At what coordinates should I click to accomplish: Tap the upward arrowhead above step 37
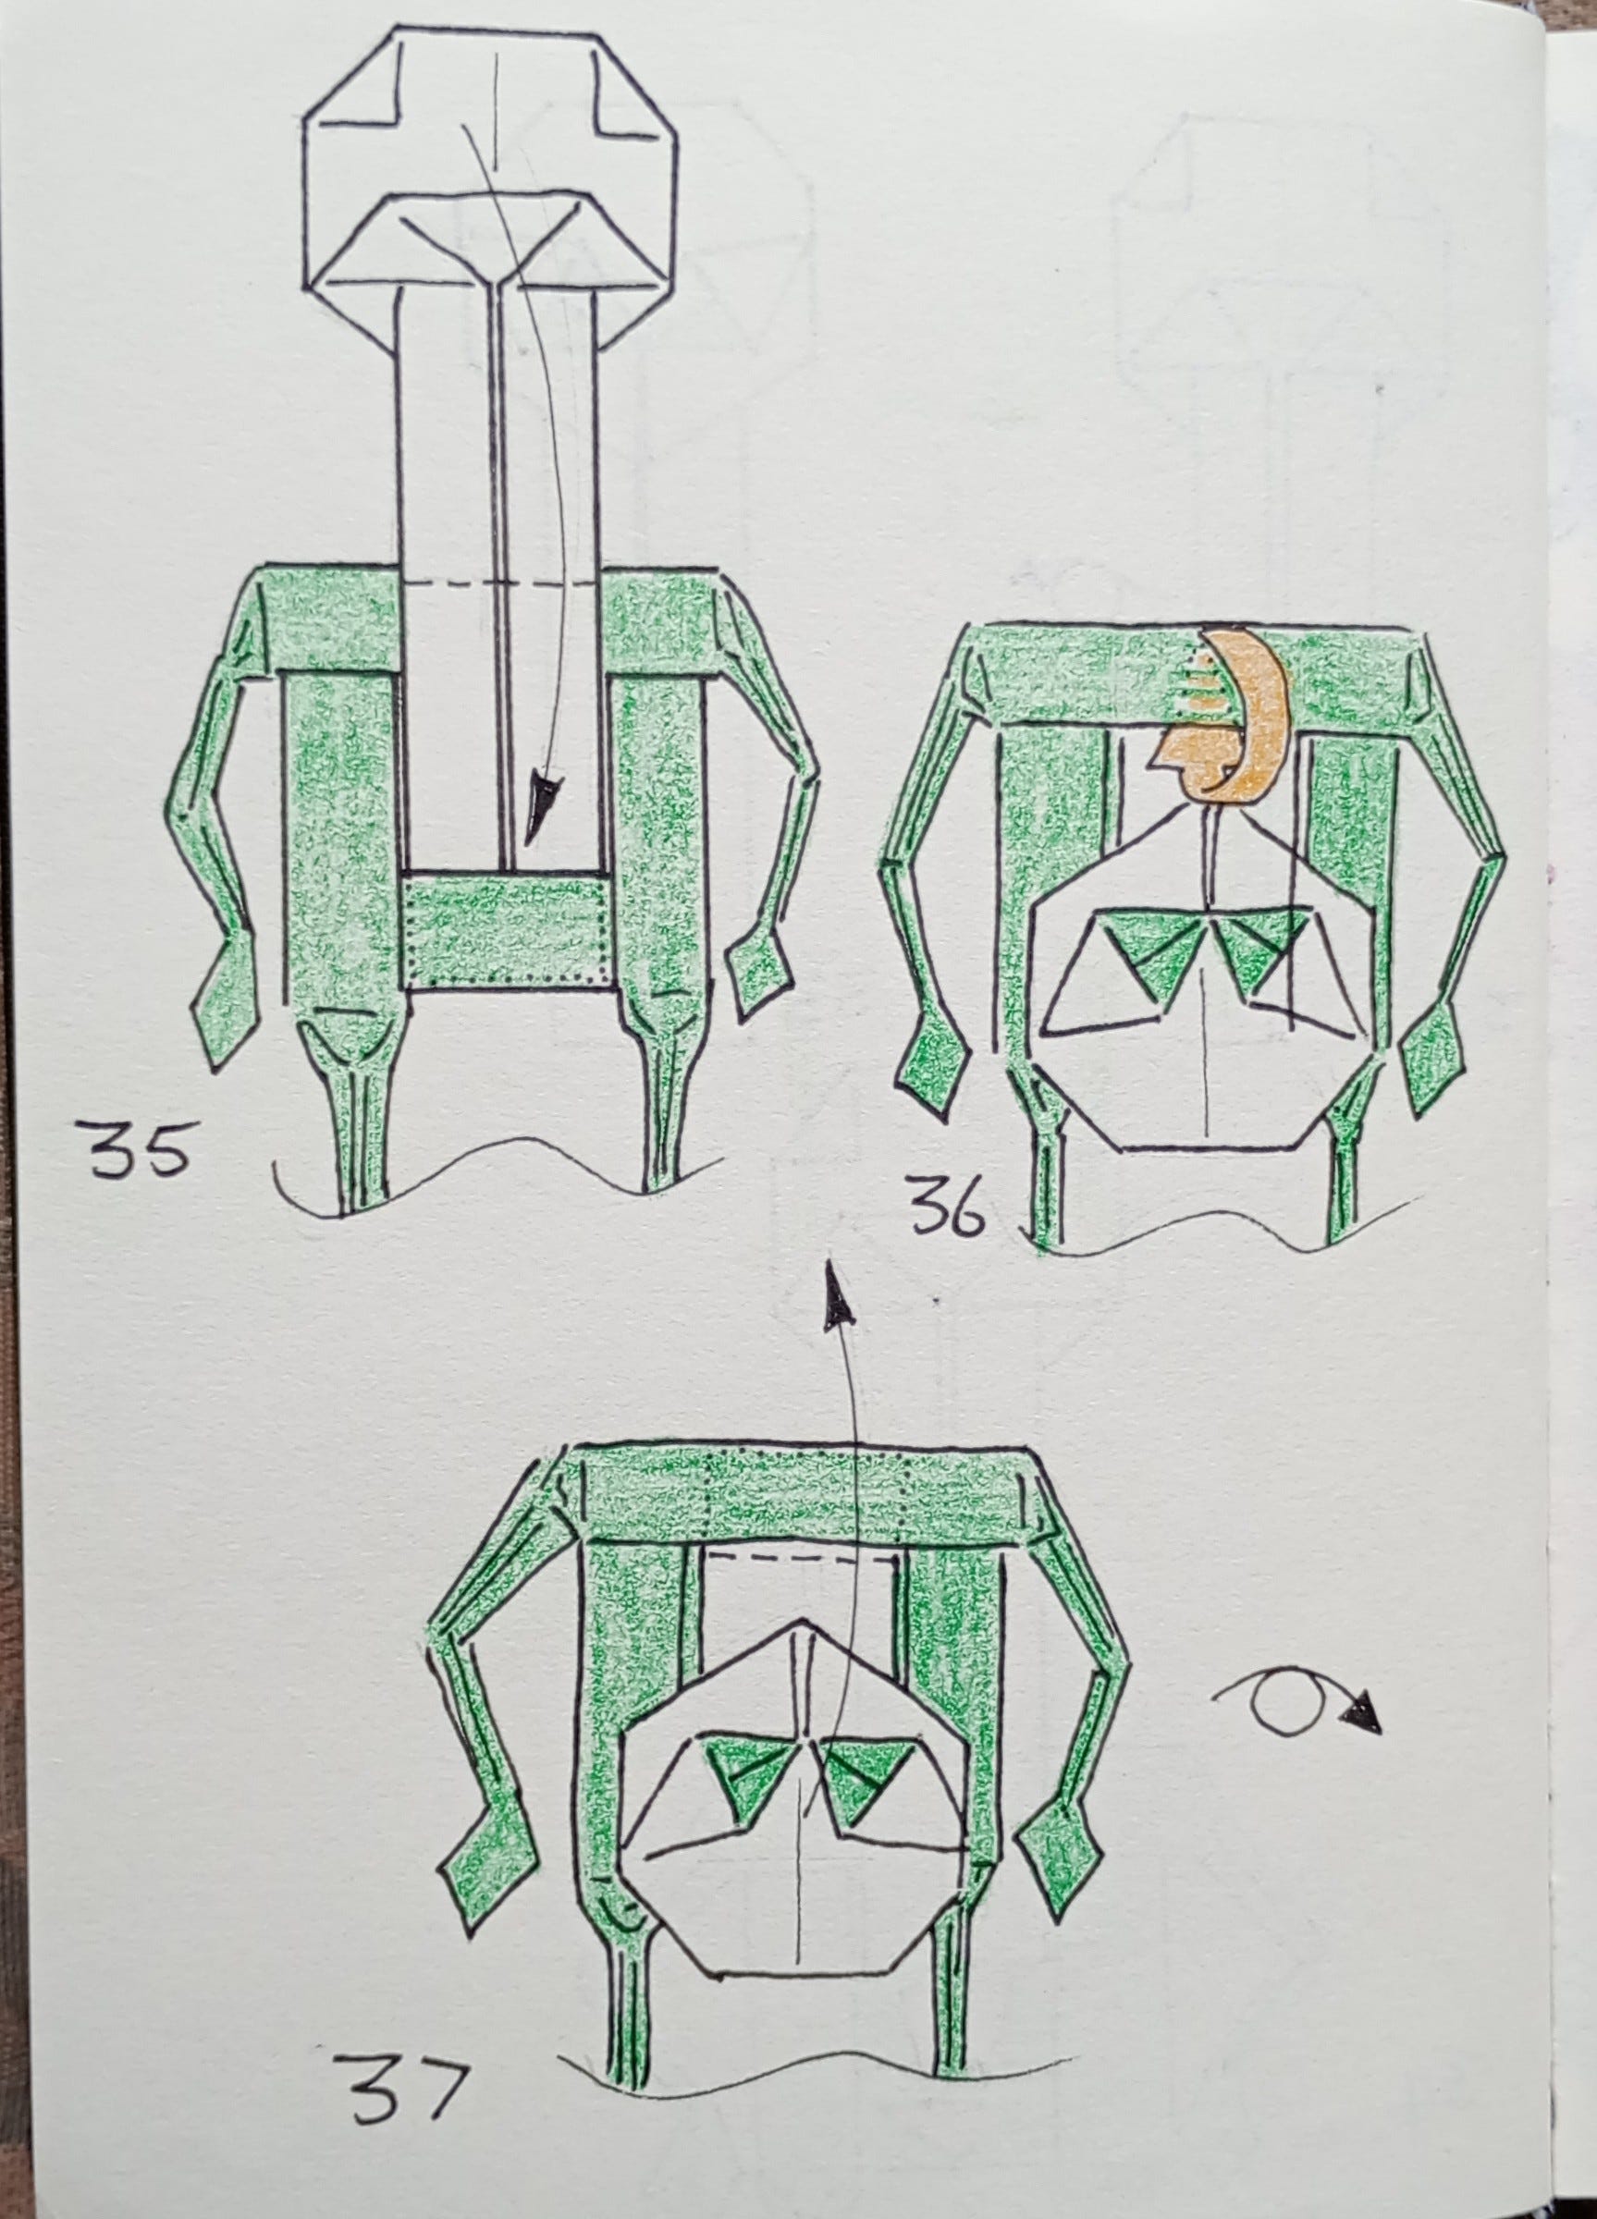[836, 1297]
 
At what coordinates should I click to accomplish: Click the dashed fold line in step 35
[501, 584]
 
